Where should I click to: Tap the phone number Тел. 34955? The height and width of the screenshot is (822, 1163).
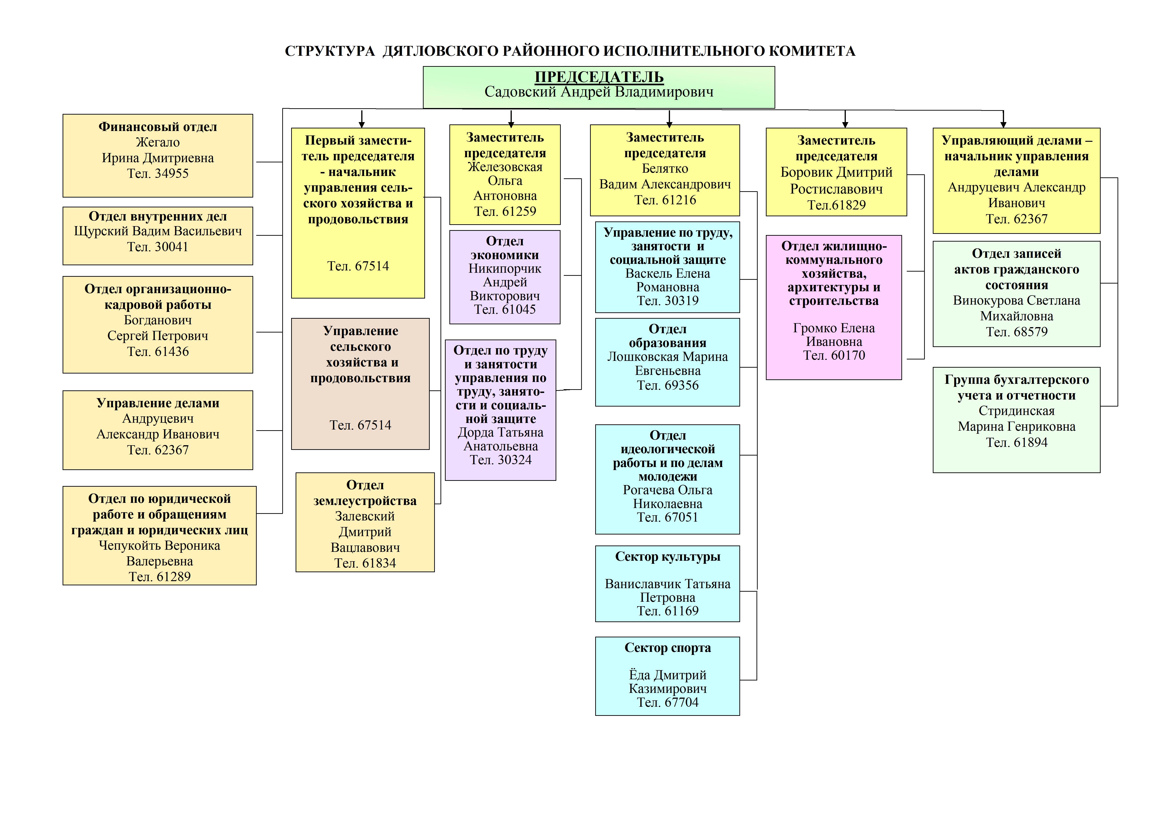click(x=158, y=174)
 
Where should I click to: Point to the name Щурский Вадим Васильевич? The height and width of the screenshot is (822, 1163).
click(x=158, y=231)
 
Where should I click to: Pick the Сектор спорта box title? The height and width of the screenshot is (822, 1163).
click(x=668, y=648)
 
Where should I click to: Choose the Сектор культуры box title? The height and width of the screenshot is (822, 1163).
click(x=668, y=557)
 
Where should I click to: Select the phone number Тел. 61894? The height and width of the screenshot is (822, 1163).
click(x=1016, y=442)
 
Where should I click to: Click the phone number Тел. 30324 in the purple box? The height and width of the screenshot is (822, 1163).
click(x=501, y=460)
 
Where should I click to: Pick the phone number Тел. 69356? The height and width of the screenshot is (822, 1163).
click(x=668, y=385)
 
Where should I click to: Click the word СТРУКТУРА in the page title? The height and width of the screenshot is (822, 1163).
click(x=330, y=51)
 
